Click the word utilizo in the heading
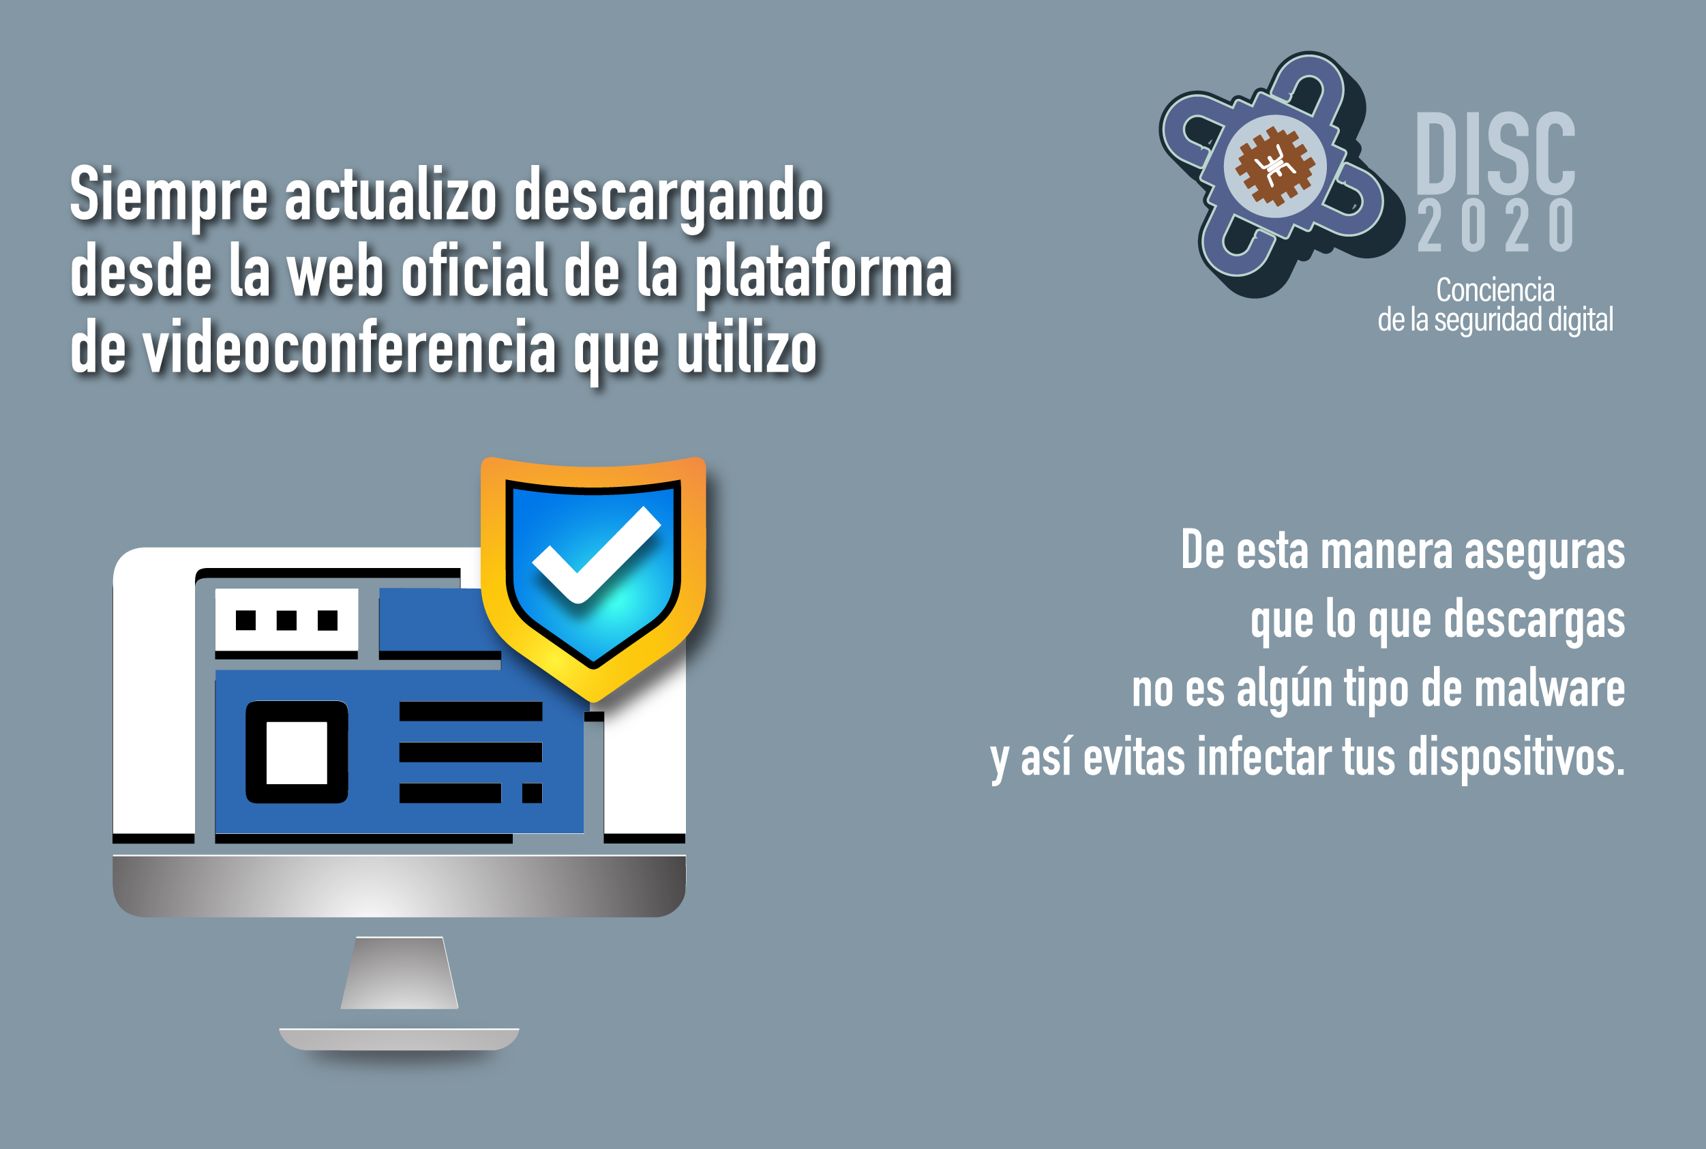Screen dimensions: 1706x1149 (747, 348)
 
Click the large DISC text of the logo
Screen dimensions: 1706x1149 (1496, 153)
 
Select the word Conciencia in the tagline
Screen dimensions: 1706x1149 (1495, 290)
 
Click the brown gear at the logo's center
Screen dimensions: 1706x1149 (1275, 166)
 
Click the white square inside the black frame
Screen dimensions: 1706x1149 (297, 753)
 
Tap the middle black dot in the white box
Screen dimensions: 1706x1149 (286, 621)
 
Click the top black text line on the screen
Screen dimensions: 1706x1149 (470, 711)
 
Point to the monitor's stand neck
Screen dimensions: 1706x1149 (399, 972)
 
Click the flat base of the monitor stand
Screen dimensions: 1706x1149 (399, 1039)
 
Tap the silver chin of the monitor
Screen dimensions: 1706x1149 (399, 886)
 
